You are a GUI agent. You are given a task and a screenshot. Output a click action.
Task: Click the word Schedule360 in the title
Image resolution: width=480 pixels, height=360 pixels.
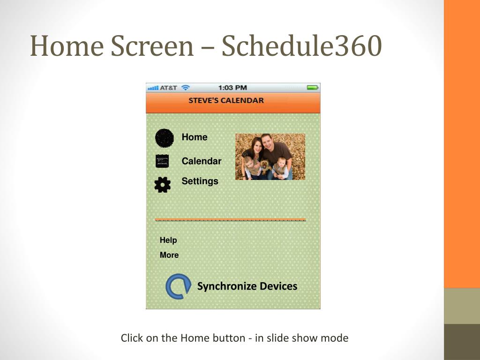(x=301, y=45)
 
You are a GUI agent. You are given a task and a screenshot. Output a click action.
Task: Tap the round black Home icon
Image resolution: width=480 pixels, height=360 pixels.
(x=165, y=138)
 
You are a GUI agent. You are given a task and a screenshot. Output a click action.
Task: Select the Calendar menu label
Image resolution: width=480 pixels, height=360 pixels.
(x=202, y=161)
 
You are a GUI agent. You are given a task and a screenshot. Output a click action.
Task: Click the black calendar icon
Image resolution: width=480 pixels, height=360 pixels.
(x=162, y=161)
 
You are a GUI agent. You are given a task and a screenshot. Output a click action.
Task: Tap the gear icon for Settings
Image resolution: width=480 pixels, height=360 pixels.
(x=163, y=185)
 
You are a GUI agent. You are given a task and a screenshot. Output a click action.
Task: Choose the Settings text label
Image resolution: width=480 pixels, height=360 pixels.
(x=200, y=181)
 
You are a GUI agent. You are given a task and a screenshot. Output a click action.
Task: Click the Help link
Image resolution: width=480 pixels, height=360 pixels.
(x=168, y=240)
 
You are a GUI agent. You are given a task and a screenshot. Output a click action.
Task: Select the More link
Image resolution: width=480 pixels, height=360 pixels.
(x=169, y=255)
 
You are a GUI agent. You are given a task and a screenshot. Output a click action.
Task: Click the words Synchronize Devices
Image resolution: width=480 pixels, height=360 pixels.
(x=247, y=286)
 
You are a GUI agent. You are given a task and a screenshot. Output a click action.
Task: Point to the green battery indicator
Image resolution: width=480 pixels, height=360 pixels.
(x=313, y=88)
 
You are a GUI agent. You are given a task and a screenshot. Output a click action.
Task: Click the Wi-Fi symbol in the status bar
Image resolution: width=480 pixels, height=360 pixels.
(x=185, y=88)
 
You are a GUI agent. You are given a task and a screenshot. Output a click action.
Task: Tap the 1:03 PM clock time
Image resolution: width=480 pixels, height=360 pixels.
(x=232, y=88)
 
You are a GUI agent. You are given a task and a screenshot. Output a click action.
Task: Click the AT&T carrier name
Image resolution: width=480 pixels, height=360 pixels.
(x=168, y=88)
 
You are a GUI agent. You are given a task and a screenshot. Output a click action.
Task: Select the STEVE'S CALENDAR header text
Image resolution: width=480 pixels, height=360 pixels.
(x=226, y=100)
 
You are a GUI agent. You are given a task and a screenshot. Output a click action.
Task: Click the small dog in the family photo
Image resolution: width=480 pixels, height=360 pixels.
(x=266, y=167)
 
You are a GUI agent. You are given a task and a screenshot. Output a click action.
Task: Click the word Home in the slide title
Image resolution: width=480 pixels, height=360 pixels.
(x=67, y=45)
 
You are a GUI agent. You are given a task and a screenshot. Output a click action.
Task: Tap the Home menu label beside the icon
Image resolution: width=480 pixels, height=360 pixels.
(x=195, y=137)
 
